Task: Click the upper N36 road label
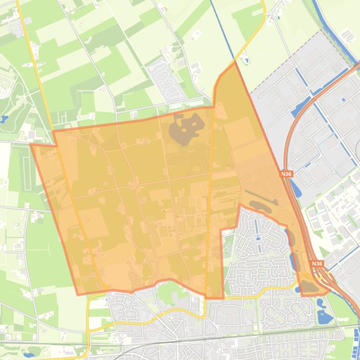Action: [286, 173]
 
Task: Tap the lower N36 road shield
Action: [317, 264]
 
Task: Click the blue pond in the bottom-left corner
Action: [33, 350]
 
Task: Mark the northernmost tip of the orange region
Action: [235, 63]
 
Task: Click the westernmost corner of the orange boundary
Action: [31, 144]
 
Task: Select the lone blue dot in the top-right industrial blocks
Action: [344, 99]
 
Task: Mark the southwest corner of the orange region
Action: [78, 295]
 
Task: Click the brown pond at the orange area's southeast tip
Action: [309, 286]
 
